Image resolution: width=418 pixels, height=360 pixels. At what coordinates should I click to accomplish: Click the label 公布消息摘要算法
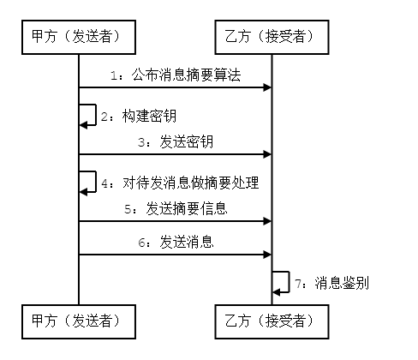click(x=186, y=75)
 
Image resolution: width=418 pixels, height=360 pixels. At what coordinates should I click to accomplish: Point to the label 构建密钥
click(x=149, y=116)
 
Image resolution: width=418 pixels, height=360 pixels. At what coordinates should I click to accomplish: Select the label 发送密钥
click(x=186, y=141)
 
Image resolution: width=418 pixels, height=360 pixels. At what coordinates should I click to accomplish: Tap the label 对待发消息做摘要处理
click(x=191, y=183)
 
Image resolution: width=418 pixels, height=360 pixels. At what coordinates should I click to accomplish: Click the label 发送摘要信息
click(x=187, y=208)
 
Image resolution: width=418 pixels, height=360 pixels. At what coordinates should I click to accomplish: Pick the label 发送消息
click(x=186, y=242)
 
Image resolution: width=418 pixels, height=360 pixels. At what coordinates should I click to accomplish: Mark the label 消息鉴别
click(x=342, y=283)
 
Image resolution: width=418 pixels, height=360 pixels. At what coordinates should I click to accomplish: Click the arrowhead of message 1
click(x=267, y=87)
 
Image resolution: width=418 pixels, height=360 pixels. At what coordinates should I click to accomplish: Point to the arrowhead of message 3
click(x=267, y=154)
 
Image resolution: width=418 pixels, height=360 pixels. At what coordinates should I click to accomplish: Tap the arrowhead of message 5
click(x=267, y=221)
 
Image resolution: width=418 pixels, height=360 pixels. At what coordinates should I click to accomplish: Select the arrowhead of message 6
click(x=267, y=255)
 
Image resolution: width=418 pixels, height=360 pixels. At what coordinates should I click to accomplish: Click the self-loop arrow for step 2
click(x=96, y=115)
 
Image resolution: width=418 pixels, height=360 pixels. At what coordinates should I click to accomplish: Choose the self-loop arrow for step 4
click(x=96, y=182)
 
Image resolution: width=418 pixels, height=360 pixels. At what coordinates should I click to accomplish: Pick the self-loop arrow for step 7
click(x=289, y=282)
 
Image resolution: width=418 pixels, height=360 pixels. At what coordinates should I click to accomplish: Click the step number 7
click(x=298, y=284)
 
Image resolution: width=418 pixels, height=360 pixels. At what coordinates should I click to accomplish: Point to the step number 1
click(x=114, y=75)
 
